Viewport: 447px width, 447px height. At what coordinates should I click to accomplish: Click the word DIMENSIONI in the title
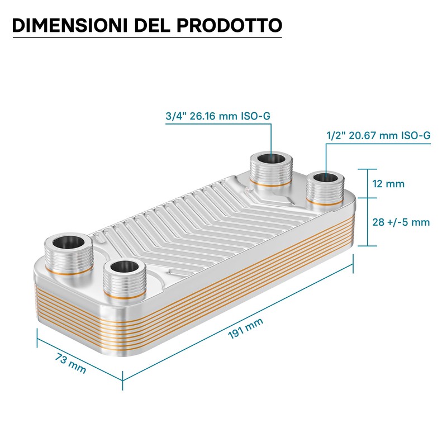[69, 25]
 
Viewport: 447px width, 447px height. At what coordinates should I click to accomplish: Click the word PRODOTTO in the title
[230, 25]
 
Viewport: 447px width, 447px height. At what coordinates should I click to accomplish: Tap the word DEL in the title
[152, 25]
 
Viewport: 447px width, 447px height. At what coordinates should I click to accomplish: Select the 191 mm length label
[245, 329]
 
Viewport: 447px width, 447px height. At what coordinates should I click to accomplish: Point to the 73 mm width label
[70, 363]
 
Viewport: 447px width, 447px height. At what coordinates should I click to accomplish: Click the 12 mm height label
[388, 184]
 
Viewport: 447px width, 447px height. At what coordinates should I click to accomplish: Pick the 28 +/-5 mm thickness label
[401, 222]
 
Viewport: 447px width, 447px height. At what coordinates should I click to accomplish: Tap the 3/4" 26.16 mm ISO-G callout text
[218, 116]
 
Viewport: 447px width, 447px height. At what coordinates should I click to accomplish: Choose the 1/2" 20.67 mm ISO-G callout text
[378, 135]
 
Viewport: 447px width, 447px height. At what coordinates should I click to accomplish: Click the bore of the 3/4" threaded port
[271, 158]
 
